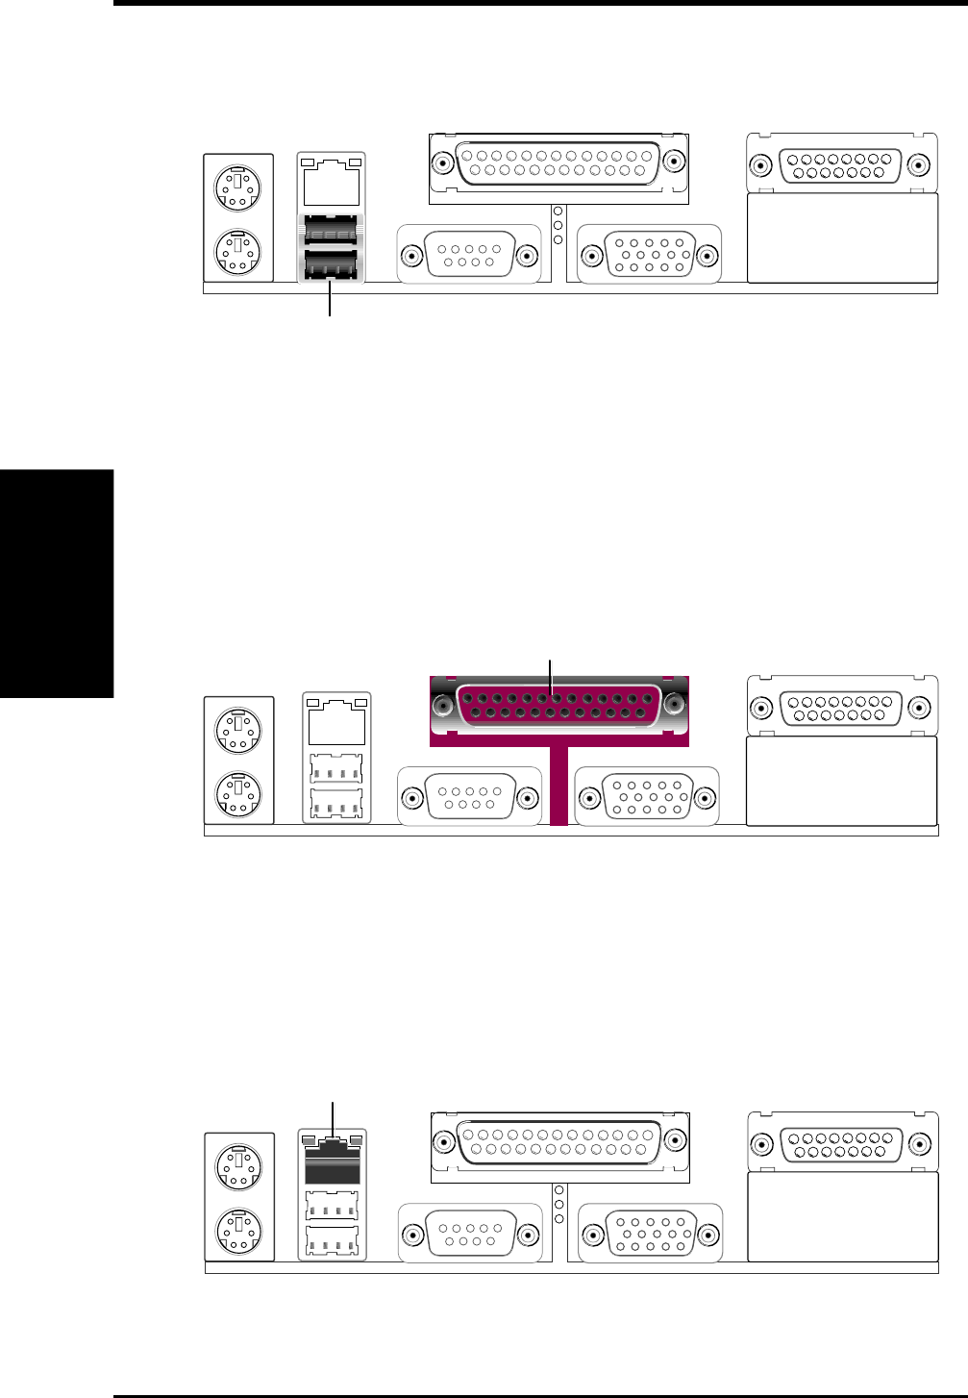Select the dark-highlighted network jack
pyautogui.click(x=332, y=1162)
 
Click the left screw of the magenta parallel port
pyautogui.click(x=442, y=706)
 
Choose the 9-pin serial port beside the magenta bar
pyautogui.click(x=470, y=798)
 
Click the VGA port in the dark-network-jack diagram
pyautogui.click(x=650, y=1233)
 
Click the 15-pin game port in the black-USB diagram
pyautogui.click(x=840, y=165)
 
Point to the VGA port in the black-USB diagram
pyautogui.click(x=649, y=255)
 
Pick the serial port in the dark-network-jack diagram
pyautogui.click(x=470, y=1233)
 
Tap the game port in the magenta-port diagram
pyautogui.click(x=840, y=709)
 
